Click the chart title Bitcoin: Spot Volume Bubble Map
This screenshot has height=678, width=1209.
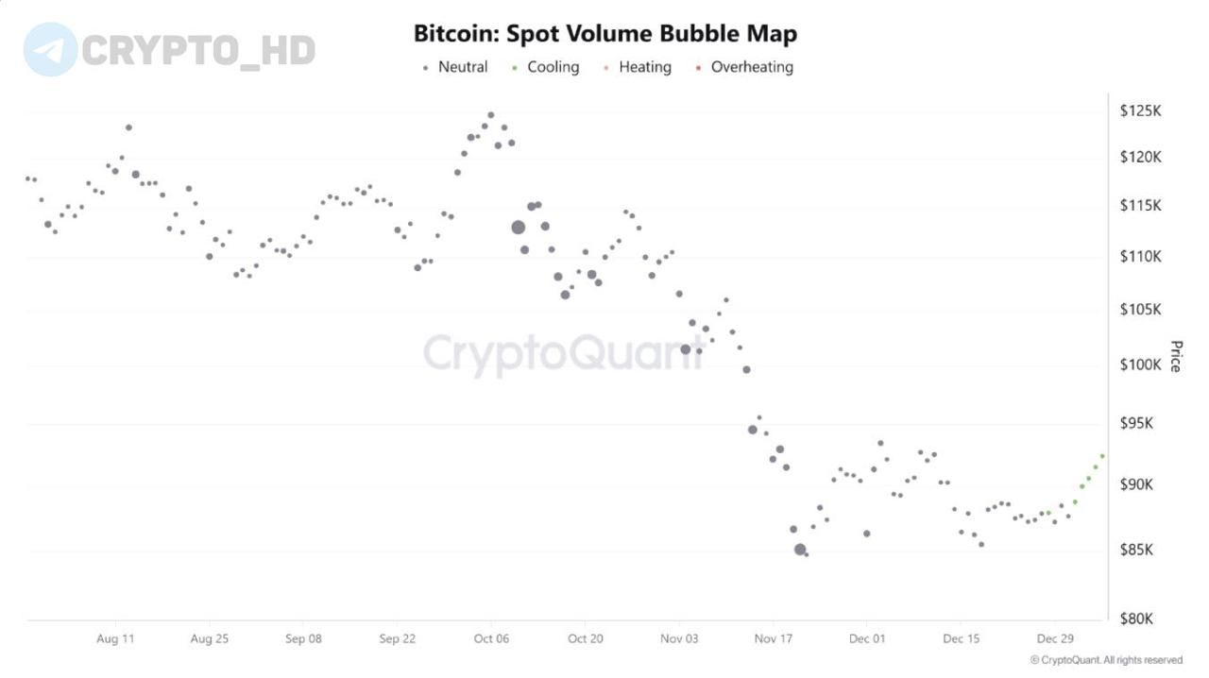[x=604, y=34]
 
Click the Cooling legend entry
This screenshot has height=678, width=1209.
[x=545, y=67]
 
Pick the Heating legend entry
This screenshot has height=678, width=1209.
[x=638, y=67]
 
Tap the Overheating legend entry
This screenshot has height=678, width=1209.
[x=744, y=67]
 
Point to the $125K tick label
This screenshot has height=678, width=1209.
[x=1140, y=111]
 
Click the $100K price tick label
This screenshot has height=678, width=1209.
[x=1140, y=364]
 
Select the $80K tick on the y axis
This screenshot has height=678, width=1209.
[x=1136, y=619]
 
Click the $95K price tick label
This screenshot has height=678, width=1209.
[x=1136, y=423]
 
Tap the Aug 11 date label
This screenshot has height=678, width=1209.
[x=115, y=638]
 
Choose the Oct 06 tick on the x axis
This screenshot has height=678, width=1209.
[x=490, y=638]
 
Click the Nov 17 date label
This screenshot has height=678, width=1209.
[x=773, y=638]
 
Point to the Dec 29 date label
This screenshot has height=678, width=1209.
[x=1054, y=638]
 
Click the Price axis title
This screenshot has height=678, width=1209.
[x=1175, y=357]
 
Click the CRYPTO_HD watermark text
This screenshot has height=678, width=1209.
[x=198, y=50]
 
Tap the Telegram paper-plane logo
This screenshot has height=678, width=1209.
[x=50, y=50]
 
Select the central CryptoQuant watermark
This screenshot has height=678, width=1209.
[x=564, y=353]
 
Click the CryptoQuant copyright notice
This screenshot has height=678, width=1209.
[x=1106, y=660]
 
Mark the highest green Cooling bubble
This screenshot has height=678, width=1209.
[x=1102, y=456]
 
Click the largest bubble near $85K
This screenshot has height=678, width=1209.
[x=800, y=549]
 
